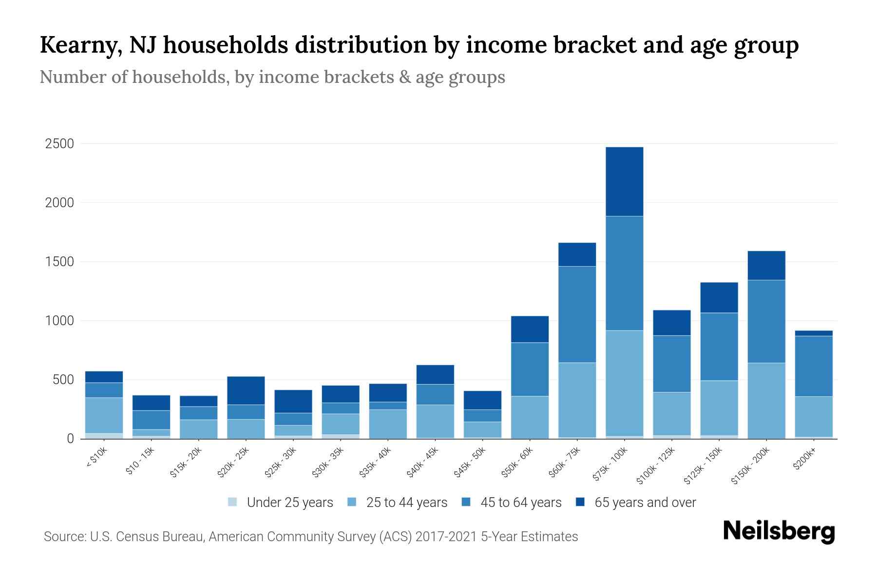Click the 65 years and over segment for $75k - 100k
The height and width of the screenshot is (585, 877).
[x=624, y=181]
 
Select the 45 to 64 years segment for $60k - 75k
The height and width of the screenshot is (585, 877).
[x=577, y=314]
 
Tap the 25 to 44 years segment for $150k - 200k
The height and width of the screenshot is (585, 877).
[x=766, y=400]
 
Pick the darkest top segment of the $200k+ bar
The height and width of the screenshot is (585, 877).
[x=814, y=333]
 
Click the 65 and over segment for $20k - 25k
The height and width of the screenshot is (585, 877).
[x=246, y=390]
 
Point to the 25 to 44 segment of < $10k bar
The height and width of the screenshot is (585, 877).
[x=104, y=415]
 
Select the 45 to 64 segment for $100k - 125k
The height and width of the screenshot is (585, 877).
[x=671, y=364]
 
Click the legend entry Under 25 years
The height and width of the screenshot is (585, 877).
[x=289, y=503]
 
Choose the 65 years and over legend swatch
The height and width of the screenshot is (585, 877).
[x=581, y=502]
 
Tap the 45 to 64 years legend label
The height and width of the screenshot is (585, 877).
[x=520, y=503]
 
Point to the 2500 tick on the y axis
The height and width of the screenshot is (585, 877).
[x=59, y=144]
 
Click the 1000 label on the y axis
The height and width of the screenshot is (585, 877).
[x=59, y=321]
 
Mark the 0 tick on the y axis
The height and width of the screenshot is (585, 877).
[x=71, y=439]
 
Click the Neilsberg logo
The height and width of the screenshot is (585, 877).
[x=779, y=531]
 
